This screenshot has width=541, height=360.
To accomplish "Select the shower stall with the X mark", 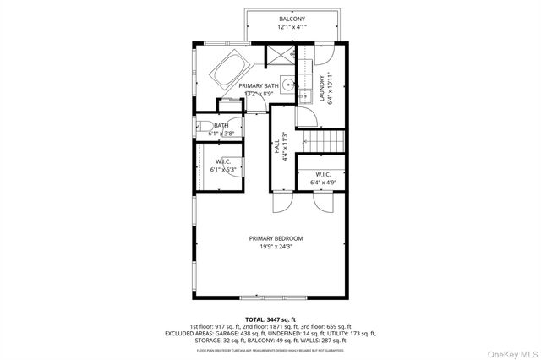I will click(x=277, y=55).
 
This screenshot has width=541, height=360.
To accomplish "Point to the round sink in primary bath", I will click(x=287, y=85).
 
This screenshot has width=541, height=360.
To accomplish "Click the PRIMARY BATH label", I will click(x=258, y=86).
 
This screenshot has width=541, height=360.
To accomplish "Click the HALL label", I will click(x=276, y=146).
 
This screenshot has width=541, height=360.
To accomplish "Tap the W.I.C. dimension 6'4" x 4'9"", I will click(x=323, y=183).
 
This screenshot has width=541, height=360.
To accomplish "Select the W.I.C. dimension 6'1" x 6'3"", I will click(x=224, y=170).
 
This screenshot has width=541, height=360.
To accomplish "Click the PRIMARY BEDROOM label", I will click(x=276, y=238).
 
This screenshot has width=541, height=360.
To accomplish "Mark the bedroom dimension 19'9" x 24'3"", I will click(x=276, y=247).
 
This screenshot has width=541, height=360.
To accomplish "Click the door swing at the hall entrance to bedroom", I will click(x=282, y=204).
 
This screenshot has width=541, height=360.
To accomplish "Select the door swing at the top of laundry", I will click(x=323, y=54).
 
